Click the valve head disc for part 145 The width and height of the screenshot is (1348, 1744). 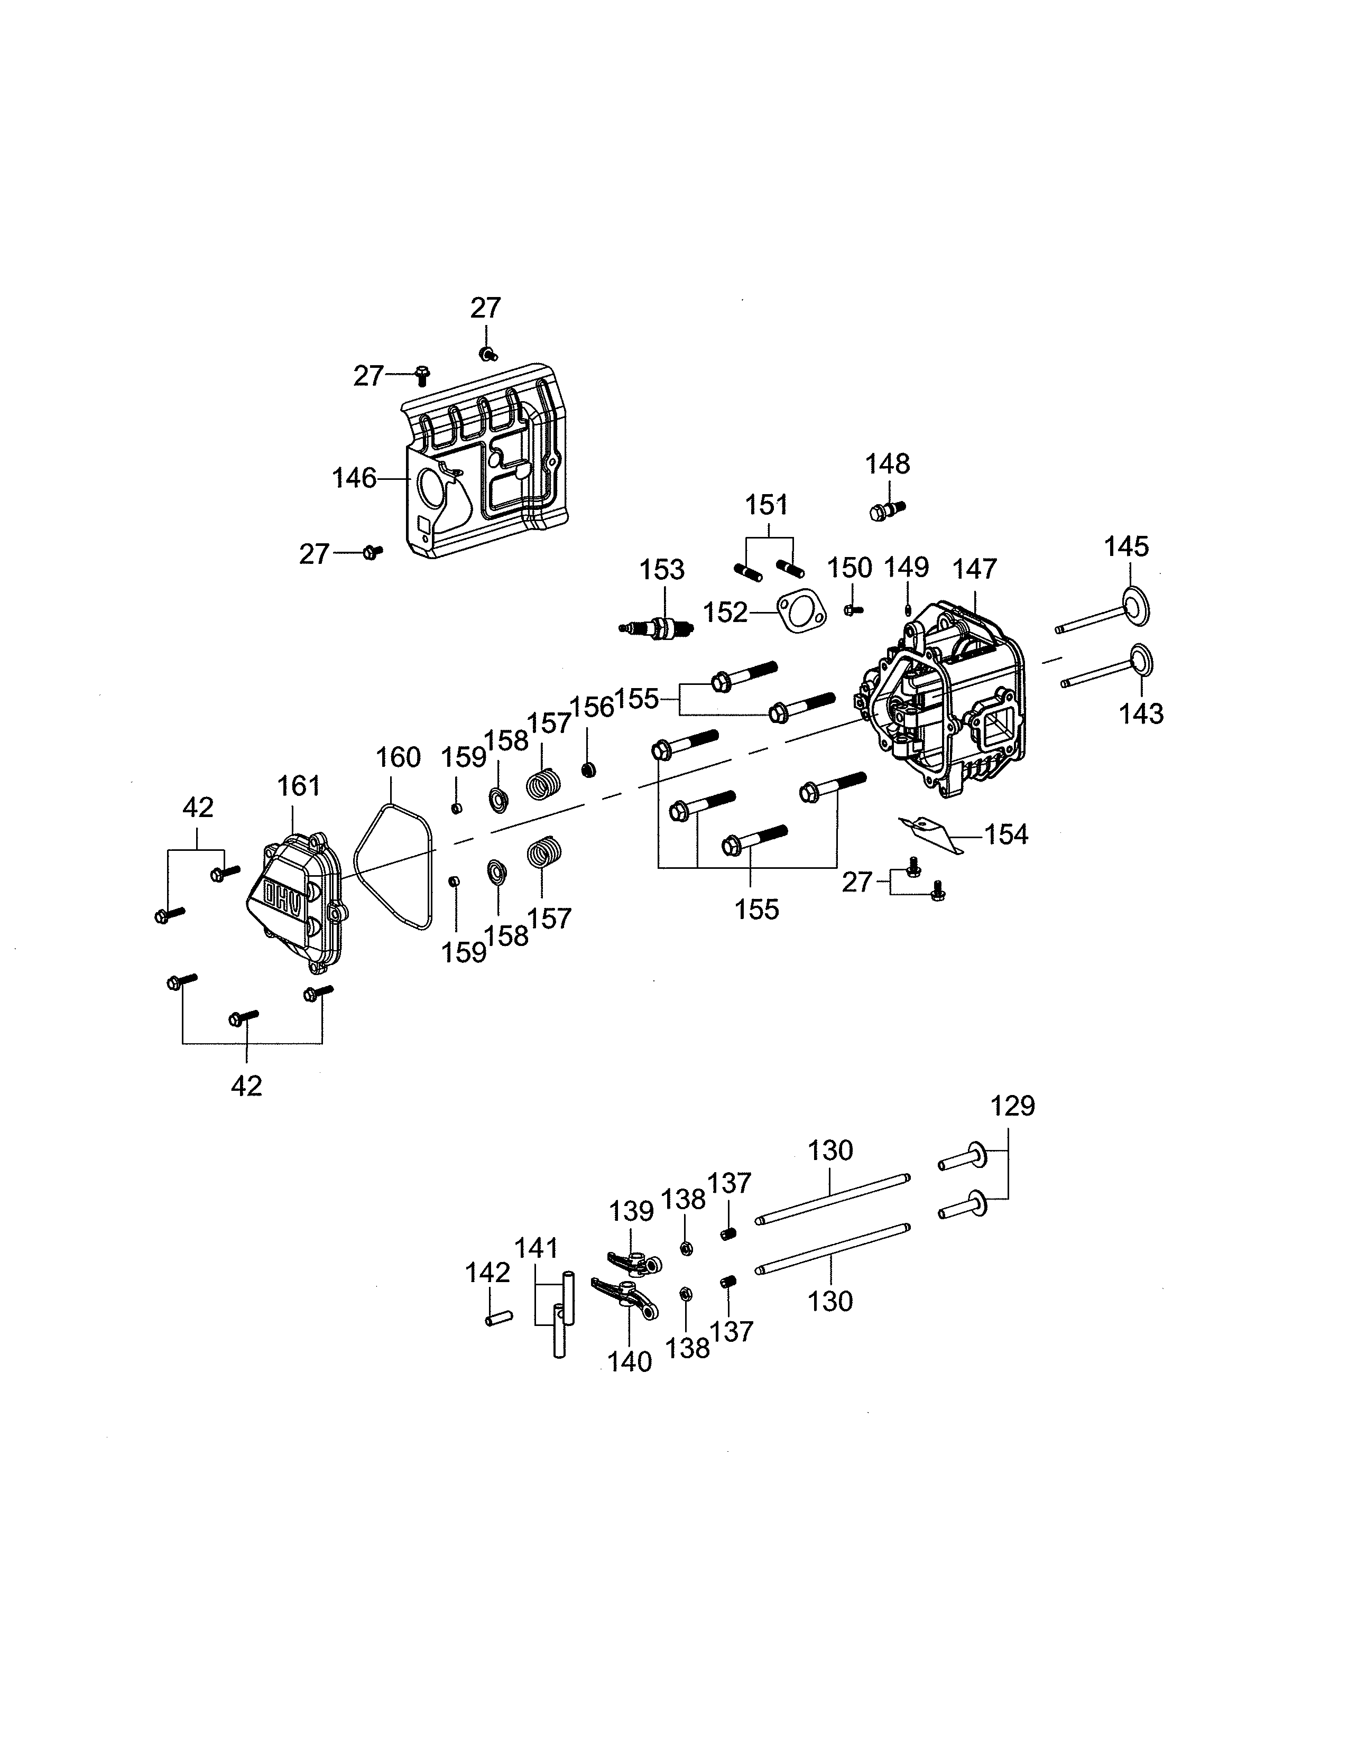(1135, 607)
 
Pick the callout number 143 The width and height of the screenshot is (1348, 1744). (1141, 714)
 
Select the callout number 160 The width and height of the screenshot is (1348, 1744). (398, 756)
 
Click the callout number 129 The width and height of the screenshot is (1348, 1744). (1013, 1106)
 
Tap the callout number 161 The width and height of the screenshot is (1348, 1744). (299, 786)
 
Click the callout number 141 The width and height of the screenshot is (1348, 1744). (536, 1248)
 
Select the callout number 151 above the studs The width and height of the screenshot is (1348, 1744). (766, 505)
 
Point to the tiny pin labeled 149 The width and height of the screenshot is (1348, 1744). (908, 610)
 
